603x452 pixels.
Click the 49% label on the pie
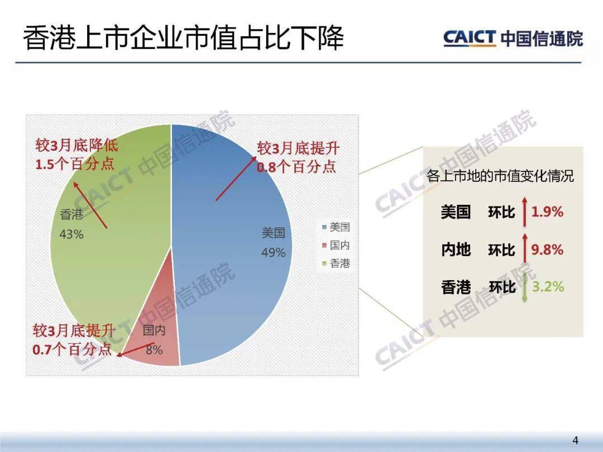pos(274,253)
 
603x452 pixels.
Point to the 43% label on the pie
pos(71,234)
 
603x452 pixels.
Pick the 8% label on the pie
pos(154,350)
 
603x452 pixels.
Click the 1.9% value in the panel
pos(547,212)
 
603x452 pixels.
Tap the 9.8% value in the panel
pos(547,249)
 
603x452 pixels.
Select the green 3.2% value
pos(548,287)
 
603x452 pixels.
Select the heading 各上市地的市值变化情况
pos(500,176)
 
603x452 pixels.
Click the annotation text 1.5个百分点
pos(75,164)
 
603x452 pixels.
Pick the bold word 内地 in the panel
pos(456,250)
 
